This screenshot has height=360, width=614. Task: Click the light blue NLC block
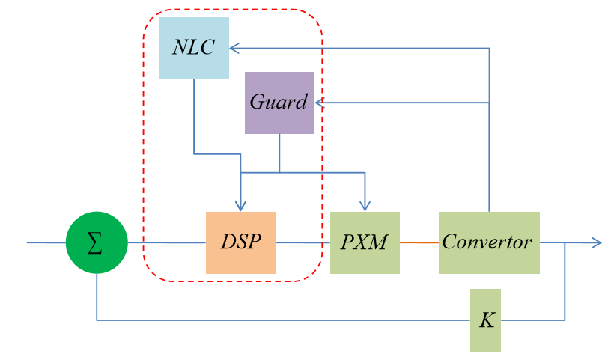193,49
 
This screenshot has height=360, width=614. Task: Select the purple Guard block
279,103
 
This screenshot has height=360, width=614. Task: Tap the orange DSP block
240,242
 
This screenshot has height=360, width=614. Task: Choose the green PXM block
365,242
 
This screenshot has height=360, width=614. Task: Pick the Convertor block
488,242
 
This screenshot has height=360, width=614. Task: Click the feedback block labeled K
485,320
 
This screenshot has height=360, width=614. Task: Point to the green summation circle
97,242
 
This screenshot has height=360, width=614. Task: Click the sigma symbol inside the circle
96,243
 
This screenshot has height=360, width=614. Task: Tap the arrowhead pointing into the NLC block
234,49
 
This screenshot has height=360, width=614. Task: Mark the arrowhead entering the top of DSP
240,207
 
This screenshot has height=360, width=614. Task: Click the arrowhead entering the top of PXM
365,207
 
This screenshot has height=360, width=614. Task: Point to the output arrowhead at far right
597,242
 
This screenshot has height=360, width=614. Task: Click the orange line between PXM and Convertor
419,242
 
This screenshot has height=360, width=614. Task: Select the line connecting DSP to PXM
303,242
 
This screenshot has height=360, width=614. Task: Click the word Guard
279,103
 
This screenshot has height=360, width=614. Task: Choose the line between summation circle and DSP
166,242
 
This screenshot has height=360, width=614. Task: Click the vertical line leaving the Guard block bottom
279,153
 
